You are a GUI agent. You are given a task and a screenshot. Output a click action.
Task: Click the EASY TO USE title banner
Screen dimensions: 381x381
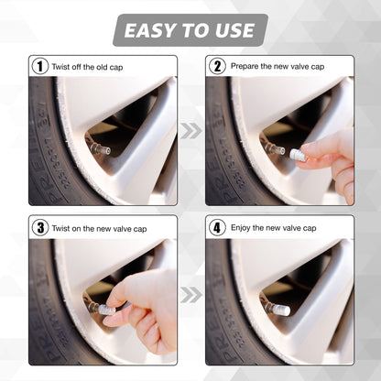pos(190,30)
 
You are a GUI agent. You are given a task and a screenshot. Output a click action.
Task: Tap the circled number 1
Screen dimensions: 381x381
pos(39,66)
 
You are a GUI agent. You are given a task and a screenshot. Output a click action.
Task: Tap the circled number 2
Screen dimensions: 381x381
pos(217,66)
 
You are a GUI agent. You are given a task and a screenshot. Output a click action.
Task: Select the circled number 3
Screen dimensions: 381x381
pos(39,227)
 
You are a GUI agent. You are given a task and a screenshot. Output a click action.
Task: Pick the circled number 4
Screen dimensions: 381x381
pos(217,227)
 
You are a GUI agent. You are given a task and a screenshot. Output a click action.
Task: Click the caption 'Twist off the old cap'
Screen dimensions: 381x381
pos(87,66)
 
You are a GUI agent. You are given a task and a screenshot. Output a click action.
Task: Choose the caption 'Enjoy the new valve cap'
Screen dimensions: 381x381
pos(272,227)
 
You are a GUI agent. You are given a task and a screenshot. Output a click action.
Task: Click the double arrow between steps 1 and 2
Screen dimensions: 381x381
pos(190,131)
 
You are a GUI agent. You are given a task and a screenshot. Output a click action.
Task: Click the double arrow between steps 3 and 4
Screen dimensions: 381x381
pos(190,295)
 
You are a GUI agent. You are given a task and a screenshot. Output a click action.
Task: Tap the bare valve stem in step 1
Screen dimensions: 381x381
pos(99,147)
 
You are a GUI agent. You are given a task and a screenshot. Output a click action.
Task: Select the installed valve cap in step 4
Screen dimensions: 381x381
pos(280,310)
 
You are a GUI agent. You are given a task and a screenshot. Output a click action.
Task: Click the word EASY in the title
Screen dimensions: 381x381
pos(150,30)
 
